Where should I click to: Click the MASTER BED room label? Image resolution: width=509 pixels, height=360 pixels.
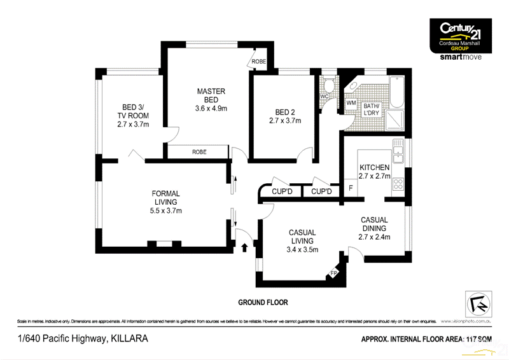pos(211,95)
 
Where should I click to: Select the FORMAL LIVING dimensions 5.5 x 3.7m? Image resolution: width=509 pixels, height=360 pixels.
pos(166,211)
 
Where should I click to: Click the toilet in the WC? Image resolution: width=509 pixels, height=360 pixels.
pos(329,85)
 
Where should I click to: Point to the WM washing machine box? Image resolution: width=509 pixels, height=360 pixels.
pos(351,103)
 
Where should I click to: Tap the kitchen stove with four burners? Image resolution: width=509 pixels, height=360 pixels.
pos(400,184)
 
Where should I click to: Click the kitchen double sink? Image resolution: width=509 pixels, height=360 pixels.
pos(398,153)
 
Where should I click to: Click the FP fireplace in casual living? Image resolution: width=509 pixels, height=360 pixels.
pos(333,273)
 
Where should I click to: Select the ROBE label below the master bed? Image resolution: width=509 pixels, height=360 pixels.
pos(199,152)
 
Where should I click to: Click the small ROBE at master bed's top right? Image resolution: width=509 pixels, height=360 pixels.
pos(259,61)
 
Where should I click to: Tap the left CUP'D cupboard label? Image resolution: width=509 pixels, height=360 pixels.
pos(281,191)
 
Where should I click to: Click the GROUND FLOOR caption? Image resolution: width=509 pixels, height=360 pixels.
pos(263,302)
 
